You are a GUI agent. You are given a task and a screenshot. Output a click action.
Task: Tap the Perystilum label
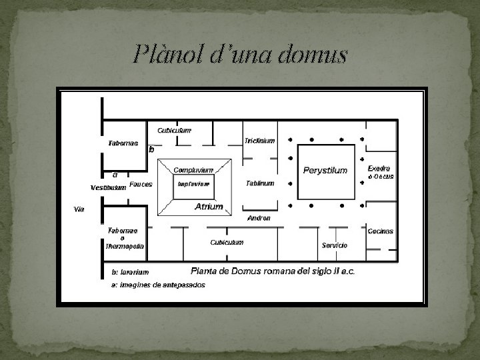(x=325, y=171)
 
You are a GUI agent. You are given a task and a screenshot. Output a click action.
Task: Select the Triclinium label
(x=259, y=141)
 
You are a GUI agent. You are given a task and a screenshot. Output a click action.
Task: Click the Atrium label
(x=209, y=207)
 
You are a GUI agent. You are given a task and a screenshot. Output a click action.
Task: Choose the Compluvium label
(x=193, y=170)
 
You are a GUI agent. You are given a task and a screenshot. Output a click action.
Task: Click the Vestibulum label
(x=108, y=187)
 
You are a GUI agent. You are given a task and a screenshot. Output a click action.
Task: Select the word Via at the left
(x=79, y=209)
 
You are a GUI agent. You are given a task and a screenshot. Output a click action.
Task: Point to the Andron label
(x=259, y=218)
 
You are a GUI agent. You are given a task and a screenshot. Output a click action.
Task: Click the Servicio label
(x=335, y=245)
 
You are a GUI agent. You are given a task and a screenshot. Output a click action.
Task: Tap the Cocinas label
(x=380, y=231)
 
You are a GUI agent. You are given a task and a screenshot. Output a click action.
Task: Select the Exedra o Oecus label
(x=381, y=173)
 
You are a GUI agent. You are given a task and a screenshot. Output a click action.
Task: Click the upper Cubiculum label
(x=175, y=130)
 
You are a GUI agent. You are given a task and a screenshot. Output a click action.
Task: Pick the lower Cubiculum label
(x=227, y=242)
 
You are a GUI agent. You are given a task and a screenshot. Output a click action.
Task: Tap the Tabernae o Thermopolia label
(x=124, y=238)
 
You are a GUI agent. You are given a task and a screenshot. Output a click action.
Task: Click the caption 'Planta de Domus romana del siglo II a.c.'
(x=273, y=271)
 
